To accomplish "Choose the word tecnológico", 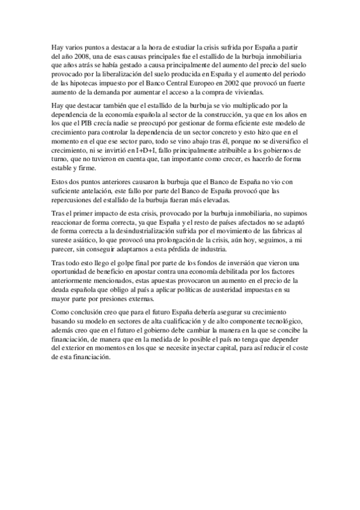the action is click(x=284, y=322).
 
